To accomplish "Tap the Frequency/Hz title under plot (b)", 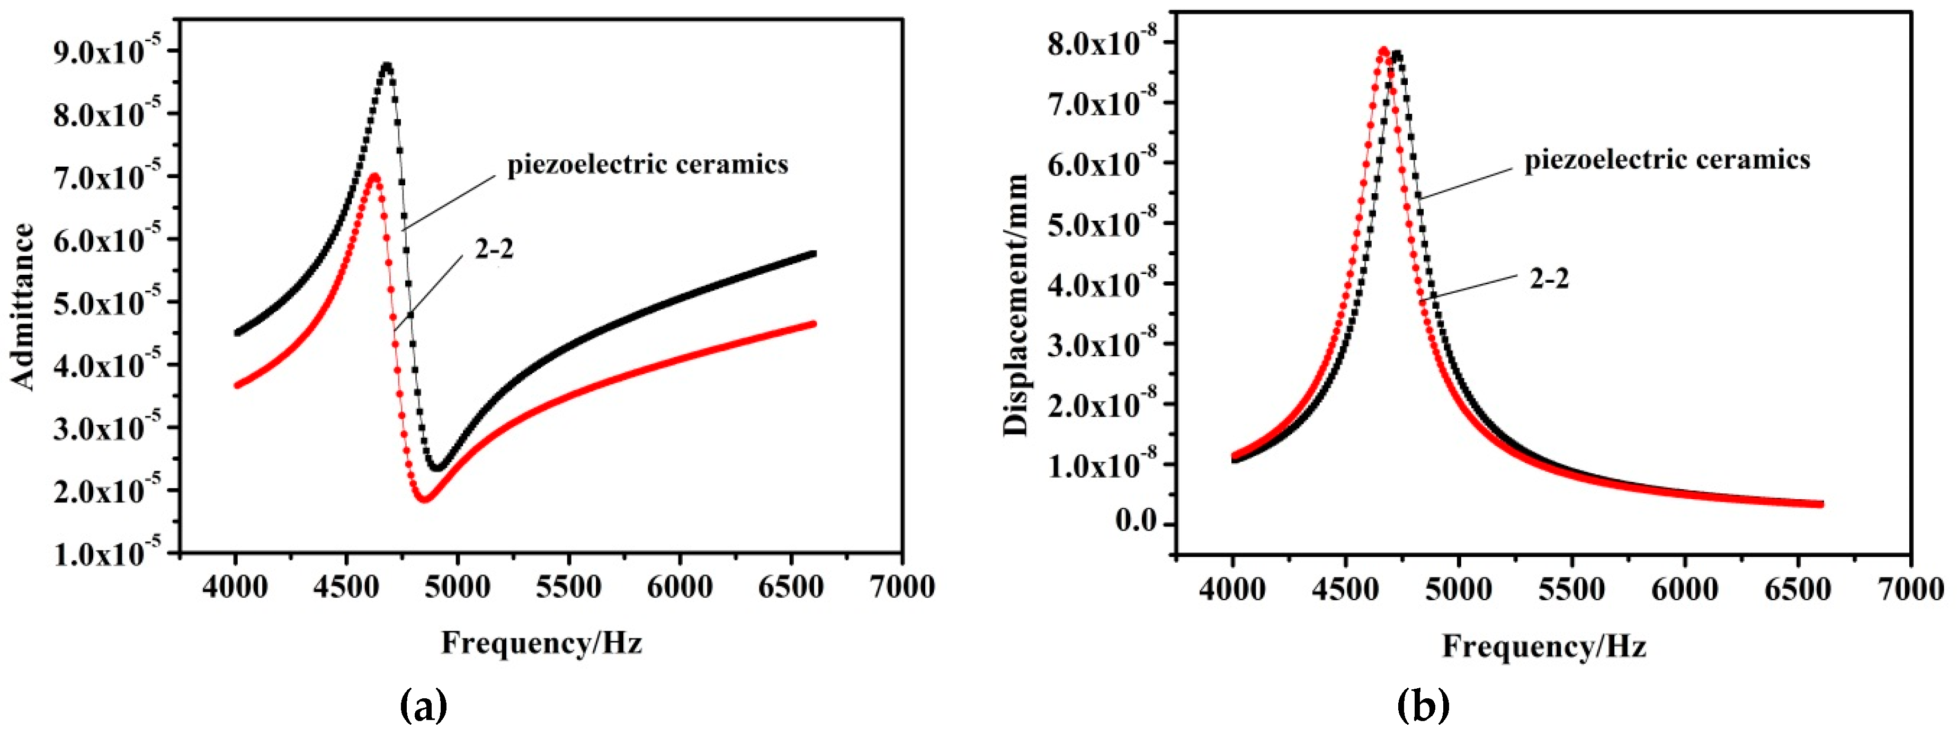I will (x=1544, y=645).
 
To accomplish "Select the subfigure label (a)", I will (x=423, y=707).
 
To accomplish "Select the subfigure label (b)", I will (x=1424, y=707).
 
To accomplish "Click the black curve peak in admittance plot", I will (x=388, y=67).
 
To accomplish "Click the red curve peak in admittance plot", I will (x=374, y=176).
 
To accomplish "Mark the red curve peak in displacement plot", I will (x=1383, y=72).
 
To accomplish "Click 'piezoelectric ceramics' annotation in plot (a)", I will (x=647, y=164).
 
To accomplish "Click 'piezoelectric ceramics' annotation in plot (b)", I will (x=1667, y=159).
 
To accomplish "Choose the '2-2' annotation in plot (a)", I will (x=495, y=248).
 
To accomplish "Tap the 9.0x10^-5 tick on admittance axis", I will (x=106, y=53).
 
